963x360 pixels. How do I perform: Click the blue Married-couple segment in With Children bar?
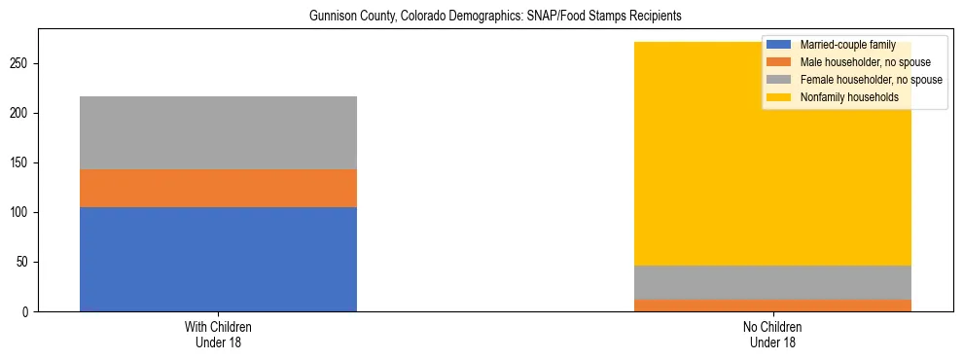click(218, 259)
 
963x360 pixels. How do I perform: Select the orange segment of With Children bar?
click(218, 188)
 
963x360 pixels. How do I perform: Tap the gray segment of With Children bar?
click(218, 132)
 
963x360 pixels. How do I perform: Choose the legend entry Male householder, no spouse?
click(863, 62)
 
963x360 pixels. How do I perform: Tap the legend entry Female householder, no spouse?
click(871, 80)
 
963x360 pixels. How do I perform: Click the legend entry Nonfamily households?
click(849, 97)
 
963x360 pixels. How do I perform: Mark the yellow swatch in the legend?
click(779, 97)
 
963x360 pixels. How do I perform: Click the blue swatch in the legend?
click(779, 45)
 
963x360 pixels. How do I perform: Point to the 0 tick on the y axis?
click(28, 311)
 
